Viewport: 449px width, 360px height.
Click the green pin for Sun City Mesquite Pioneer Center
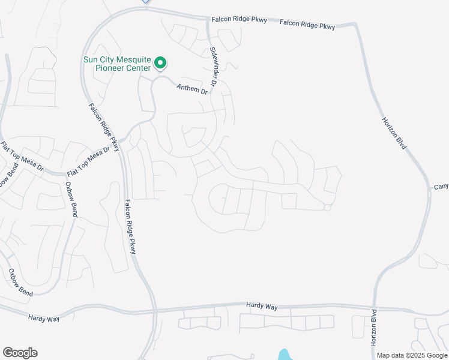[160, 62]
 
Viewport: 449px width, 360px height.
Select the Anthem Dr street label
[191, 89]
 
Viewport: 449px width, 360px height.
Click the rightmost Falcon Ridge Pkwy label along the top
[307, 25]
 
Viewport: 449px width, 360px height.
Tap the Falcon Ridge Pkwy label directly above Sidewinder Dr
[238, 20]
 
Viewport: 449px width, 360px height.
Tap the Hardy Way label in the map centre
[262, 306]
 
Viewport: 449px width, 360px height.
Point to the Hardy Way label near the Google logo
[44, 317]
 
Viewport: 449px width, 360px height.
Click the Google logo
[20, 353]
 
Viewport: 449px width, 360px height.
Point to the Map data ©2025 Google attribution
[412, 355]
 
